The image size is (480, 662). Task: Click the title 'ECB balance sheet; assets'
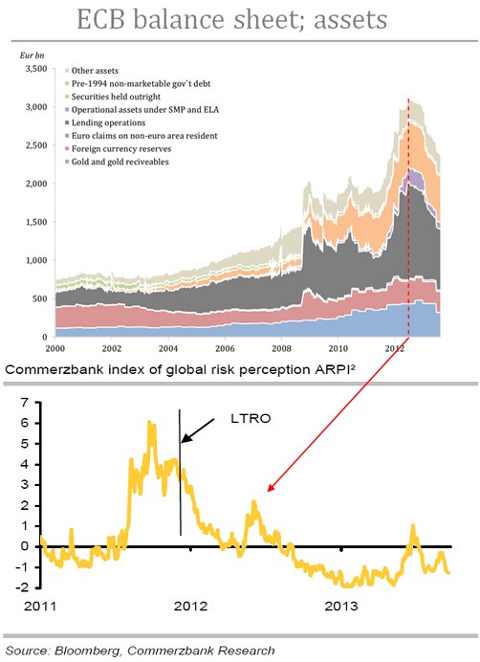[240, 21]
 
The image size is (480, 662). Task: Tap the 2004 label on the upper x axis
[167, 350]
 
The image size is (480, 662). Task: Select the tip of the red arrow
[268, 491]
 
